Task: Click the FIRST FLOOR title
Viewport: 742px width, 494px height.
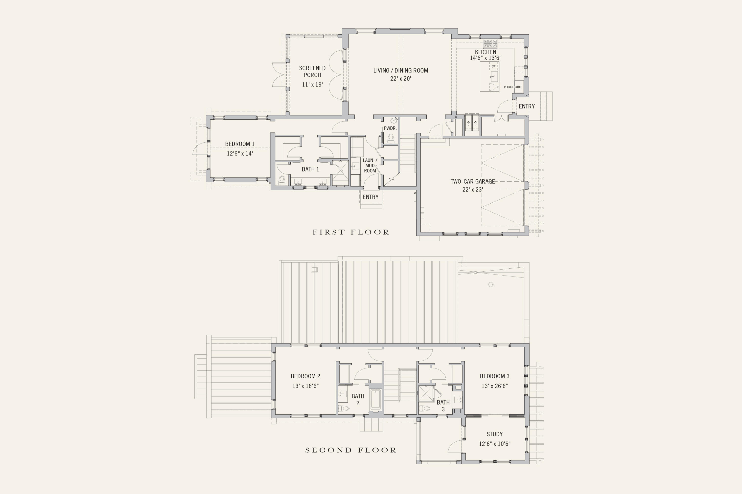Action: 351,232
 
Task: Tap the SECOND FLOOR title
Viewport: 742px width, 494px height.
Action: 351,450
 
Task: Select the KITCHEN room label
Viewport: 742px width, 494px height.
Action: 486,52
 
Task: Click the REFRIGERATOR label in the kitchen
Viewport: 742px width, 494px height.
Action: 513,87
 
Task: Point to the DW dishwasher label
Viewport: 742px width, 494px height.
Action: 493,66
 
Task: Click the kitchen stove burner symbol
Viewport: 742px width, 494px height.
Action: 490,43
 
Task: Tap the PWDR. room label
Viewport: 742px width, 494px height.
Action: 390,128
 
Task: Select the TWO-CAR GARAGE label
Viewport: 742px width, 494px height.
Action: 472,181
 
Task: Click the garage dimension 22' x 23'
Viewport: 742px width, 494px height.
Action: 472,190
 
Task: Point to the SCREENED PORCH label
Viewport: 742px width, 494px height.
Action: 312,71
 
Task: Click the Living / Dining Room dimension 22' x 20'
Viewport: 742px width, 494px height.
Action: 400,79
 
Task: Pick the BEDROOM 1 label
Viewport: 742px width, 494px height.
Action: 240,144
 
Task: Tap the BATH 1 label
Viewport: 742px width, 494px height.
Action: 310,170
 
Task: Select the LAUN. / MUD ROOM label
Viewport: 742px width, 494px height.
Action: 370,165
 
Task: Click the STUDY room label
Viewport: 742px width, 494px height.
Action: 494,434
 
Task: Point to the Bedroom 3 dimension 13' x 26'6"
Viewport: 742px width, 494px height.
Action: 494,386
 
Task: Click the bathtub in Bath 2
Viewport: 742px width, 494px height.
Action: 376,400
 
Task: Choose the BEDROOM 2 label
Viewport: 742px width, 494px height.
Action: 305,376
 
